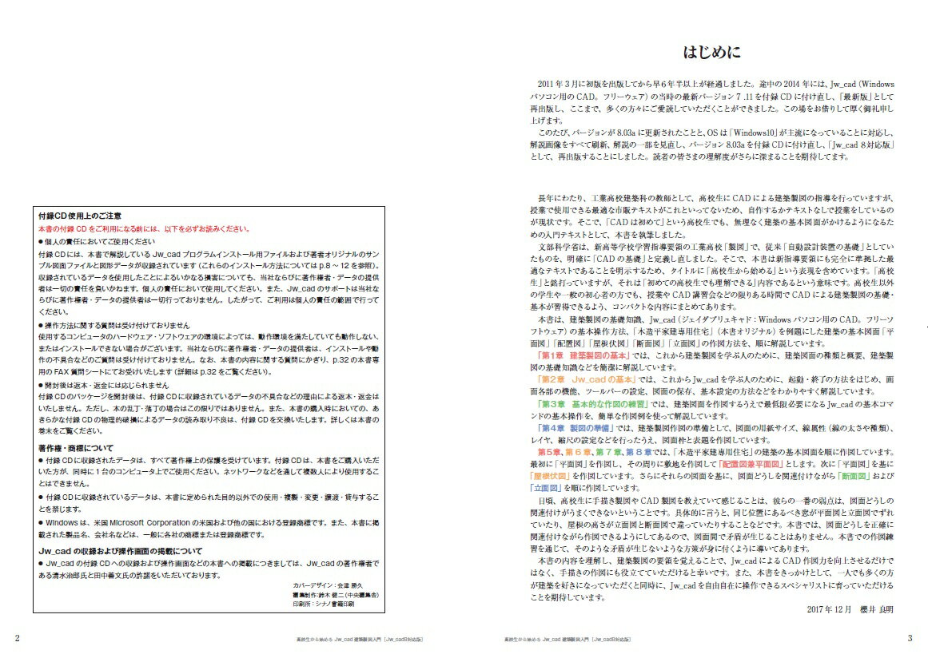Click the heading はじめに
coord(712,54)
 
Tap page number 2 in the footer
coord(18,637)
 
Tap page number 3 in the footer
coord(910,637)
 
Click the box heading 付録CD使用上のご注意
coord(80,216)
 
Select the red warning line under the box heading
coord(144,228)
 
